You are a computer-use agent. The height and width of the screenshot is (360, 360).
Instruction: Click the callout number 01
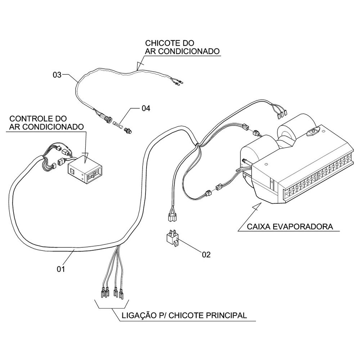tap(60, 269)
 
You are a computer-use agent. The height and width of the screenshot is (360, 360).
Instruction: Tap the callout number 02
tap(206, 255)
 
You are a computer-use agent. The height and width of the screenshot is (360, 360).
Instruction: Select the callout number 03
tap(57, 75)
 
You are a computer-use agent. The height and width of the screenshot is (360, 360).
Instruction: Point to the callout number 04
tap(146, 108)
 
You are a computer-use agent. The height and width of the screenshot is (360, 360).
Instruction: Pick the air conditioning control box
tap(85, 171)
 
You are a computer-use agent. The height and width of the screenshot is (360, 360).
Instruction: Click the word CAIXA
tap(258, 227)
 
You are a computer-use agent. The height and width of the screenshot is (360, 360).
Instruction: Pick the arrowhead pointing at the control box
tap(85, 156)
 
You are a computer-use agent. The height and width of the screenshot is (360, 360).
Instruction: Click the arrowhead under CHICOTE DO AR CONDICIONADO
tap(138, 66)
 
